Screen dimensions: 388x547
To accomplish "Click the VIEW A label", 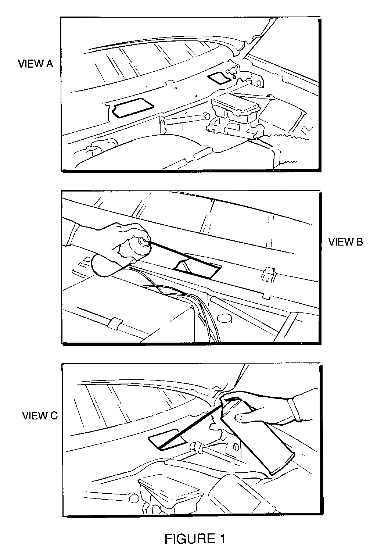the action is point(35,64).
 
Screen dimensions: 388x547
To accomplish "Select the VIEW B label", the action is point(345,242).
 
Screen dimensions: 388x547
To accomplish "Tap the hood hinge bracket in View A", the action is point(247,73).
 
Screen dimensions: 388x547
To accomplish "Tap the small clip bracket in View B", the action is point(269,275).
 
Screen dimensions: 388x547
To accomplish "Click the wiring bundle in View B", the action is point(186,305).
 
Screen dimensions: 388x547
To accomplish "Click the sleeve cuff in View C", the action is point(294,410).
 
